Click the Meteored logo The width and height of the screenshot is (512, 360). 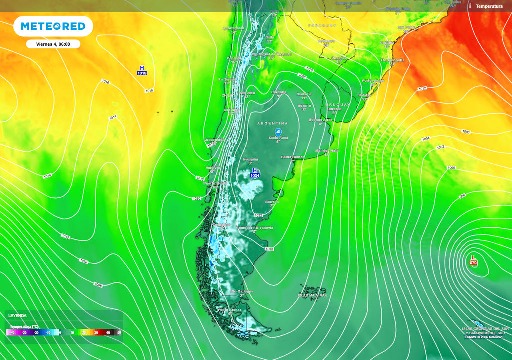[53, 26]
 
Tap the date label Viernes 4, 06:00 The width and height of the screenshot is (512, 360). [53, 44]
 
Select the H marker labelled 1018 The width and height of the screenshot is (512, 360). [142, 70]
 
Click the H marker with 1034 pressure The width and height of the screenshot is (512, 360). [255, 173]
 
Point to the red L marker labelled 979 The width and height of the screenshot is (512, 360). [473, 260]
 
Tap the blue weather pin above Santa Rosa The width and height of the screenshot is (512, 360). [278, 132]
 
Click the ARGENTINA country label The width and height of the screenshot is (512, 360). [272, 123]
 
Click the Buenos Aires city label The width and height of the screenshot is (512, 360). [320, 120]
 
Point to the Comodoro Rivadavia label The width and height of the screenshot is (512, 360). [255, 227]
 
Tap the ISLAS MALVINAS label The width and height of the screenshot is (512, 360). [312, 295]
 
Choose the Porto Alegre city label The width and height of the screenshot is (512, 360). [373, 80]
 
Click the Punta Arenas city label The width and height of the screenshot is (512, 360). [229, 310]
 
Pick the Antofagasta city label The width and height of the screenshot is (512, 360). [233, 28]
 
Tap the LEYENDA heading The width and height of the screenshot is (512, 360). [17, 315]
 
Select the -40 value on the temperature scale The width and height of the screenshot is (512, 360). [12, 332]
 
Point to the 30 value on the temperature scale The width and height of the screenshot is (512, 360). [96, 332]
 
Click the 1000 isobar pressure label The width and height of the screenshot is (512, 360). [451, 168]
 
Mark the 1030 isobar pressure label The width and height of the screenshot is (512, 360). [269, 249]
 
